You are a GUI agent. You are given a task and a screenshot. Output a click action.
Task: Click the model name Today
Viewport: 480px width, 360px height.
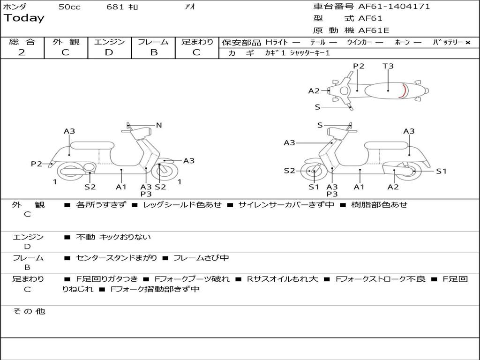(x=24, y=18)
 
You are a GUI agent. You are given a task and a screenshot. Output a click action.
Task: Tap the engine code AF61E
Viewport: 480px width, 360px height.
(x=374, y=30)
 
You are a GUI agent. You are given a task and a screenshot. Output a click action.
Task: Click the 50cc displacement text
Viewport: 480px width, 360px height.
(x=69, y=7)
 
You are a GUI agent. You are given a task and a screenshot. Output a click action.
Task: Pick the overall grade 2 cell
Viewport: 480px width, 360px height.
(x=22, y=52)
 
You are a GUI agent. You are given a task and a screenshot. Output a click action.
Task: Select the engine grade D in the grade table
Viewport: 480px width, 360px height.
(x=109, y=52)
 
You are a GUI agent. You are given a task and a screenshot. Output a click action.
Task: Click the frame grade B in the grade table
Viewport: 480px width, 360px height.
(x=154, y=52)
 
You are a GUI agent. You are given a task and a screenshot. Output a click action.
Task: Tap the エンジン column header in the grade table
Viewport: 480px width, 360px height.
(x=109, y=42)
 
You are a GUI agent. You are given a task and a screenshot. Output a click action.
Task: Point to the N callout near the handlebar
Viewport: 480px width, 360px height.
(x=159, y=125)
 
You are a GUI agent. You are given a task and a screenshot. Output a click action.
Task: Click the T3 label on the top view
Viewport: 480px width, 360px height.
(x=388, y=66)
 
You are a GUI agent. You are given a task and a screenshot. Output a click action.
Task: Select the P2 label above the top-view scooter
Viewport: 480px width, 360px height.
(x=359, y=66)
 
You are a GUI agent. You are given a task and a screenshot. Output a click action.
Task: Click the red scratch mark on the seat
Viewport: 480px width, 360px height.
(x=403, y=90)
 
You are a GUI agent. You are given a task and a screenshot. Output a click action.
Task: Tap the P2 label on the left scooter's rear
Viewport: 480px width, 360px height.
(x=37, y=164)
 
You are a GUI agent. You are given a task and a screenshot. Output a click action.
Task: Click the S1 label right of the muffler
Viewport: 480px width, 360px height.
(x=441, y=171)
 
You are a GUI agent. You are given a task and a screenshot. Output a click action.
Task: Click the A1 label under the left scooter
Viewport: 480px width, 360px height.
(x=121, y=187)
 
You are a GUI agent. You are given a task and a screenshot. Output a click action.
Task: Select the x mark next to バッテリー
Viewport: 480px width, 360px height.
(x=468, y=42)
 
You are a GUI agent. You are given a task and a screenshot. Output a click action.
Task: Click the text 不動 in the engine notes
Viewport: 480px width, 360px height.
(x=85, y=237)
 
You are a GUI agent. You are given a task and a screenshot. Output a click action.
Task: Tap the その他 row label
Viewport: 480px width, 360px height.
(x=29, y=311)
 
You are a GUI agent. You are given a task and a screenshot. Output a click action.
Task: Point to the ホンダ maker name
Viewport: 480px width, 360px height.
(x=15, y=7)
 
